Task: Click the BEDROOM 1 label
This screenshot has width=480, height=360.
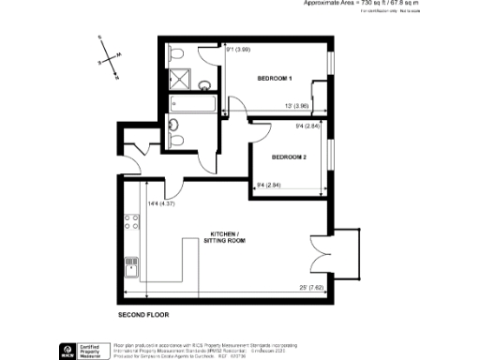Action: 276,78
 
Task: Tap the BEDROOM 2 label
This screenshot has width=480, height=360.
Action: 290,157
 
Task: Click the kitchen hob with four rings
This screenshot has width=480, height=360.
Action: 132,225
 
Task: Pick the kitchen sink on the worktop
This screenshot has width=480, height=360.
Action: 132,269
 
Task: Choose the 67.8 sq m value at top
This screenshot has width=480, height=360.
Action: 399,4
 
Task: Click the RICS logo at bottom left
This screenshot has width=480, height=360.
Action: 67,350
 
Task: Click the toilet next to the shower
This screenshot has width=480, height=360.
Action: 176,55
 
